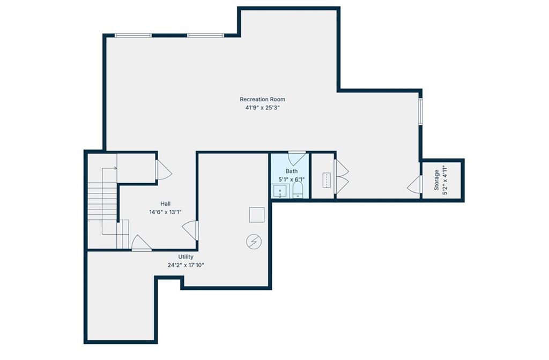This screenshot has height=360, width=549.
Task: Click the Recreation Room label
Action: (262, 99)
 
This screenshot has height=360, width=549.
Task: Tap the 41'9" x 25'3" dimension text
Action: (262, 108)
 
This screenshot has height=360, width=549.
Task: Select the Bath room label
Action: (291, 171)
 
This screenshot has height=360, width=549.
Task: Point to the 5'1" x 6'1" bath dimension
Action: (291, 179)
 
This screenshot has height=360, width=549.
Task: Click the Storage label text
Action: (436, 180)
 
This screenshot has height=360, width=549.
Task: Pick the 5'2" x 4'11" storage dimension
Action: (446, 180)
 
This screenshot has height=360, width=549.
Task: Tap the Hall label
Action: (166, 204)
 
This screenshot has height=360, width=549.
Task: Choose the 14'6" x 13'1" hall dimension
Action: (165, 212)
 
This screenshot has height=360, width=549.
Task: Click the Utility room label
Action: (186, 257)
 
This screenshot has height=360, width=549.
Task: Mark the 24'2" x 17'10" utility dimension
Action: (186, 265)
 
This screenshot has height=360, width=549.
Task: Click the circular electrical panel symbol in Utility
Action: (254, 242)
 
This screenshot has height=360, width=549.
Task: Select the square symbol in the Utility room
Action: (257, 215)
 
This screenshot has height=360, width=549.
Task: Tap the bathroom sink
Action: (280, 191)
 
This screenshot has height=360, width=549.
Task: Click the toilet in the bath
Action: (298, 190)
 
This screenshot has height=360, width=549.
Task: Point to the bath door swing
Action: (296, 158)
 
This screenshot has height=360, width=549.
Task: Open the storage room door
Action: (415, 184)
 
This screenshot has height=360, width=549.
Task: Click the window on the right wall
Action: (420, 111)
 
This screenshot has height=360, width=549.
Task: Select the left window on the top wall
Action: (133, 35)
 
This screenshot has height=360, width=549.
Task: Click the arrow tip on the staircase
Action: (116, 168)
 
